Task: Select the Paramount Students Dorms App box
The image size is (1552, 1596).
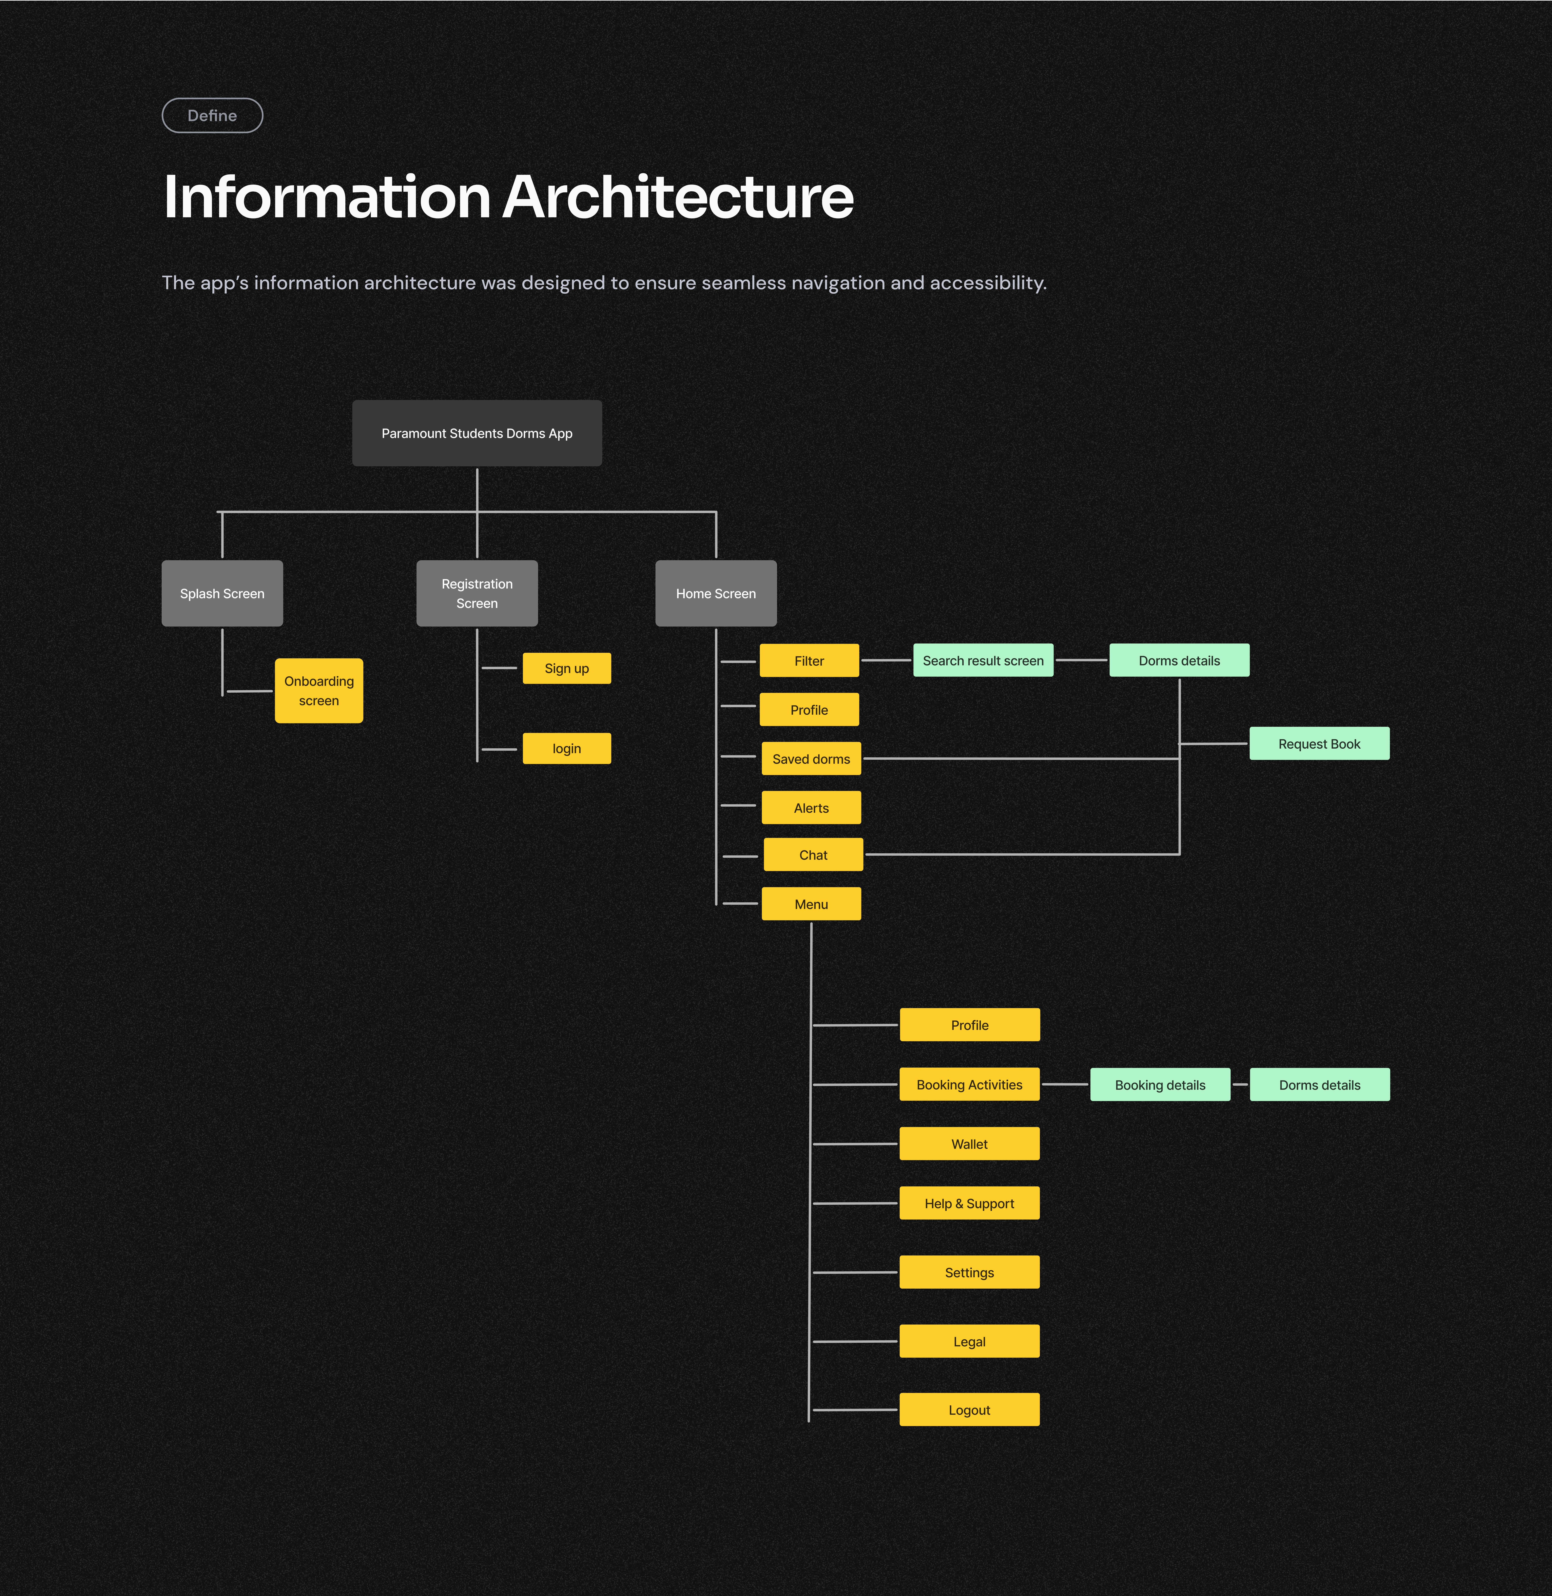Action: pyautogui.click(x=477, y=433)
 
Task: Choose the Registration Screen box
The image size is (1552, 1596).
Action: pyautogui.click(x=477, y=593)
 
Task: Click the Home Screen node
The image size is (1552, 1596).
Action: pyautogui.click(x=716, y=593)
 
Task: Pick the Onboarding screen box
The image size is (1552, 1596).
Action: pyautogui.click(x=319, y=690)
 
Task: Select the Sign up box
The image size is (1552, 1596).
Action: pyautogui.click(x=566, y=668)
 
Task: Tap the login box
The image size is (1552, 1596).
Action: pyautogui.click(x=566, y=748)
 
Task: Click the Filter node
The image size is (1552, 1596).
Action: pyautogui.click(x=809, y=660)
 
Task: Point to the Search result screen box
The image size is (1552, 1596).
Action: pyautogui.click(x=983, y=660)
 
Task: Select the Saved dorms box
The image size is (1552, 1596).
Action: pyautogui.click(x=811, y=759)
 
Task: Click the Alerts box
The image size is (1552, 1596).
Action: pyautogui.click(x=811, y=808)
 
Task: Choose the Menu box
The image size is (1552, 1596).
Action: pyautogui.click(x=811, y=904)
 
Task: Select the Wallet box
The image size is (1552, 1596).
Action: pyautogui.click(x=969, y=1144)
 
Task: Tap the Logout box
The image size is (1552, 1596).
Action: pyautogui.click(x=969, y=1409)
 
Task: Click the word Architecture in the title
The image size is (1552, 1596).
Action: pyautogui.click(x=678, y=197)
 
